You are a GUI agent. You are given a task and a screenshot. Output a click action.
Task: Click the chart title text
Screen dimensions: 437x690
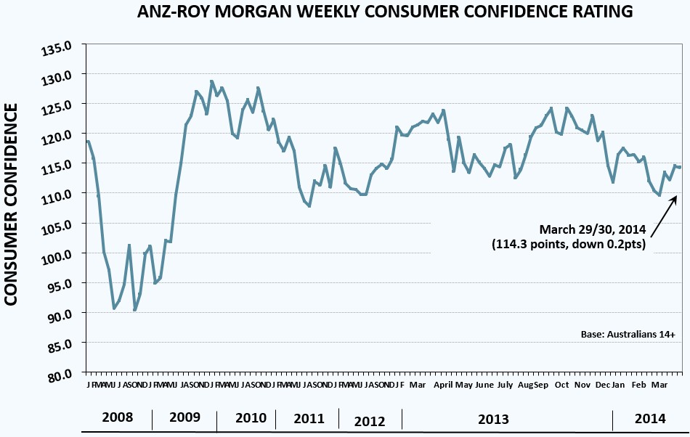(x=384, y=12)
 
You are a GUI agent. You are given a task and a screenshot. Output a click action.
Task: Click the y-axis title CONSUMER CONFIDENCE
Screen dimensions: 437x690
(x=13, y=204)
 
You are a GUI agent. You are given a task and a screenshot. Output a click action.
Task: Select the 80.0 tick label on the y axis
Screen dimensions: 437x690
(x=61, y=373)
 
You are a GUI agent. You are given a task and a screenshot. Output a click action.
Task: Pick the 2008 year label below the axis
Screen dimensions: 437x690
(x=117, y=418)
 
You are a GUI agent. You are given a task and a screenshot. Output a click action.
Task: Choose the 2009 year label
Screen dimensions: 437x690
(x=184, y=418)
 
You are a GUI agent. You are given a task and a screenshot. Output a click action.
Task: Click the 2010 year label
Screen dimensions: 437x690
(x=251, y=418)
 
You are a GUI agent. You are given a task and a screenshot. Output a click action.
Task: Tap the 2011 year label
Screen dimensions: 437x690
(x=309, y=418)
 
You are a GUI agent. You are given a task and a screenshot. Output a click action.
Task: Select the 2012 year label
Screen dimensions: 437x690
(x=369, y=420)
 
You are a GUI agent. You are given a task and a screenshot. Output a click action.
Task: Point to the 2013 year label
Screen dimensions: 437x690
(x=492, y=420)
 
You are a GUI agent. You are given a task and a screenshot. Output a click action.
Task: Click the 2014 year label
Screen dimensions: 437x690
(x=649, y=418)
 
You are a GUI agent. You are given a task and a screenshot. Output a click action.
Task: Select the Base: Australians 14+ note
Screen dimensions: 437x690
(x=628, y=334)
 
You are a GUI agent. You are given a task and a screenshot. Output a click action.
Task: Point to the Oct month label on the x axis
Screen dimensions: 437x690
(x=561, y=384)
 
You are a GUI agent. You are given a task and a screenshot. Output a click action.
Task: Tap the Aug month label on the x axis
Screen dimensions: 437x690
(x=525, y=384)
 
